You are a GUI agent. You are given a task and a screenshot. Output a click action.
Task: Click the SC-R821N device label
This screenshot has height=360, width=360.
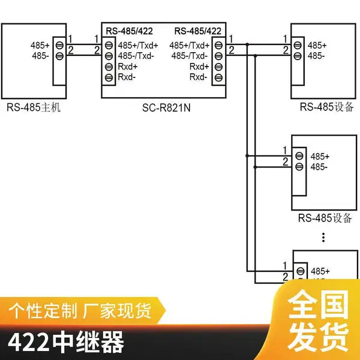click(x=166, y=107)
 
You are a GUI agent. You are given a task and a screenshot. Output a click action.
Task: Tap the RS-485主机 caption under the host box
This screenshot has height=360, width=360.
click(x=34, y=107)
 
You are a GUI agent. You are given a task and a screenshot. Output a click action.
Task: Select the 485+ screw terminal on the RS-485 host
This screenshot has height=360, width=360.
click(x=59, y=45)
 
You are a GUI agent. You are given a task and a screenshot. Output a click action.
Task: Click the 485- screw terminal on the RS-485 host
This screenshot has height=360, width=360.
click(x=59, y=56)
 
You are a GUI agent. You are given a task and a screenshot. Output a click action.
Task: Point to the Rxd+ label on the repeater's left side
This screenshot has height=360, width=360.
click(x=128, y=67)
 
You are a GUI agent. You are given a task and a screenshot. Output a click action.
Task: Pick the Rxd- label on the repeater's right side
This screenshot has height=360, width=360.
click(x=199, y=77)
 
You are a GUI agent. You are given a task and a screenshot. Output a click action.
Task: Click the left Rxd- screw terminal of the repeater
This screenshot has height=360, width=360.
click(x=109, y=77)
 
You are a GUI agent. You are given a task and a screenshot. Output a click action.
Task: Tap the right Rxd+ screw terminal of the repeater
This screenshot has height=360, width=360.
click(x=218, y=67)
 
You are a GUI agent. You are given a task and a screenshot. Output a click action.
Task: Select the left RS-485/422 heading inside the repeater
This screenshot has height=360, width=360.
click(x=129, y=31)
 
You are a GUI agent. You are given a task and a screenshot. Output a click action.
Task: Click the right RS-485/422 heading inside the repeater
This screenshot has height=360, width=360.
click(x=197, y=31)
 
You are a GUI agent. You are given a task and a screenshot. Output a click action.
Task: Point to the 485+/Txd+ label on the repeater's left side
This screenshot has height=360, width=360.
click(x=138, y=46)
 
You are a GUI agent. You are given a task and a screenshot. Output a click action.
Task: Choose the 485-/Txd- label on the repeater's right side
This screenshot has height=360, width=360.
click(x=190, y=56)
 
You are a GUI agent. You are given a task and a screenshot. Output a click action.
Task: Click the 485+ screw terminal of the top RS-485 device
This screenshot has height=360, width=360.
click(x=298, y=45)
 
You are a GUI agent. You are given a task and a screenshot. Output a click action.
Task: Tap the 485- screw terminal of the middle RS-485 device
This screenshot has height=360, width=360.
click(x=299, y=167)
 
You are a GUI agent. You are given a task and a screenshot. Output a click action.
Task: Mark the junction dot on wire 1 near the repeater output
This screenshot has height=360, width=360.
click(x=247, y=44)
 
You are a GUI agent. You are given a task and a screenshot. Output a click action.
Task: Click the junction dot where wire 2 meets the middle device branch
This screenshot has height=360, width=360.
click(x=255, y=167)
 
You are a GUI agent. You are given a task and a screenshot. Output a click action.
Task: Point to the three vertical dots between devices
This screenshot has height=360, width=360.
click(x=323, y=238)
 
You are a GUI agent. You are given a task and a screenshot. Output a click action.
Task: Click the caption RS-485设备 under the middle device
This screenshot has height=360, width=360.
click(x=325, y=218)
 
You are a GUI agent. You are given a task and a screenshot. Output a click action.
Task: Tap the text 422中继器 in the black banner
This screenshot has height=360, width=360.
click(x=66, y=342)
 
